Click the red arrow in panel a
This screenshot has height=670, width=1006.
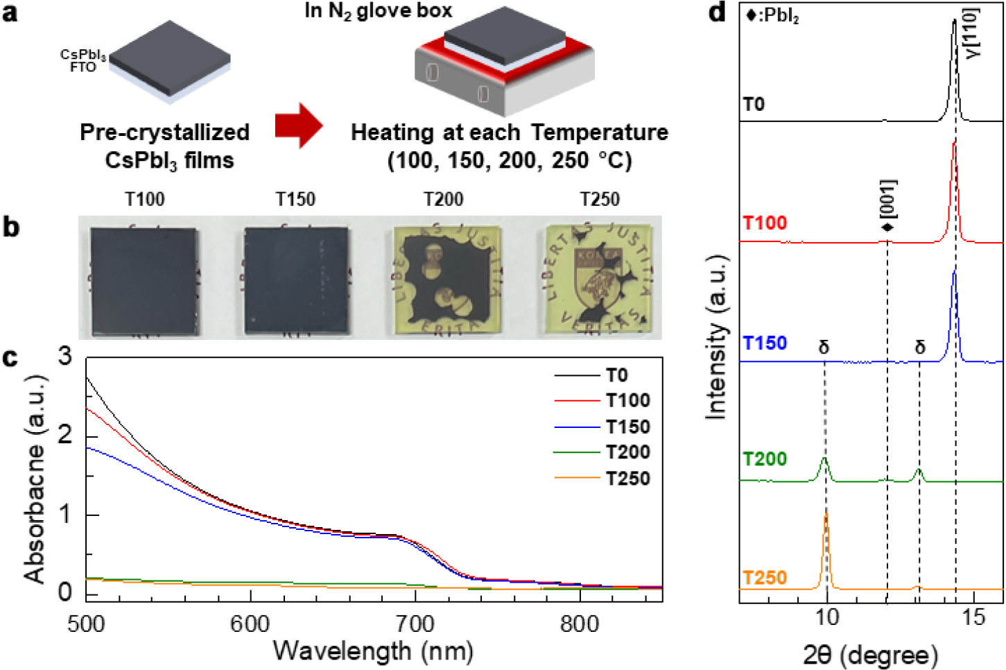[x=299, y=126]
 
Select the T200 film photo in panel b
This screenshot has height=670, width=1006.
[x=448, y=280]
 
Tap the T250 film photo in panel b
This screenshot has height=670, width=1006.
[x=598, y=280]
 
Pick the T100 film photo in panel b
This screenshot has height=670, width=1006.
[x=144, y=282]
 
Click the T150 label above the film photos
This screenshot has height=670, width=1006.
[x=295, y=199]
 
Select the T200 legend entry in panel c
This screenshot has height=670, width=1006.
[x=602, y=452]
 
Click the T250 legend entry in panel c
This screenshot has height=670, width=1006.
[x=602, y=478]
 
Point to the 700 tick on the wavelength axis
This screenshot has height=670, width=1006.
[x=415, y=624]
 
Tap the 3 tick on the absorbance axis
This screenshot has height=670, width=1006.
[x=65, y=357]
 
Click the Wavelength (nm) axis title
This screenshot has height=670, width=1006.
[x=374, y=651]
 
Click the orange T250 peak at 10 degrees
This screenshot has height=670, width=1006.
[x=826, y=514]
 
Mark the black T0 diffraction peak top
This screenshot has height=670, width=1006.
[x=954, y=19]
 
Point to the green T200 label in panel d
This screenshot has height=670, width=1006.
[x=765, y=458]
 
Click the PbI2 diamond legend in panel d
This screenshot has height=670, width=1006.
[x=772, y=16]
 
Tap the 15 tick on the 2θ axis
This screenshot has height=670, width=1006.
[x=973, y=617]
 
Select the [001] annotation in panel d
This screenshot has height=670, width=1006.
[x=887, y=205]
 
